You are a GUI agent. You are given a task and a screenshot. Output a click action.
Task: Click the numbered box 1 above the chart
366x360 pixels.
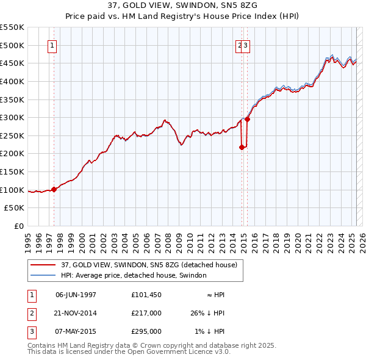tap(52, 45)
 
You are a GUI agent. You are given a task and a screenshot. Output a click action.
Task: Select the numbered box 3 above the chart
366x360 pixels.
tap(245, 45)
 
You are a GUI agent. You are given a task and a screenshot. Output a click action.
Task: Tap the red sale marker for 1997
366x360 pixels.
tap(54, 189)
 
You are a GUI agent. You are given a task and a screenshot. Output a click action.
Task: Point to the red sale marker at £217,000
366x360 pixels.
tap(242, 147)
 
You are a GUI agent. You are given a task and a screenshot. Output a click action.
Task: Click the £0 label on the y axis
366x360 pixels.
tap(19, 226)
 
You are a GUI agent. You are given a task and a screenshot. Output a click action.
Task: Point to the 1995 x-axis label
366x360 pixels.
tap(27, 239)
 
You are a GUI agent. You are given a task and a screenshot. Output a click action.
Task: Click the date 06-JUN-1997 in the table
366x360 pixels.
tap(76, 295)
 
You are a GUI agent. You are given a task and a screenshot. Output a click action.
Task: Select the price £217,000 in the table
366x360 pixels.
tap(146, 313)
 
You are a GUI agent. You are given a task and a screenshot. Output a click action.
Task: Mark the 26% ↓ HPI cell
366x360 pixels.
tap(207, 313)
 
